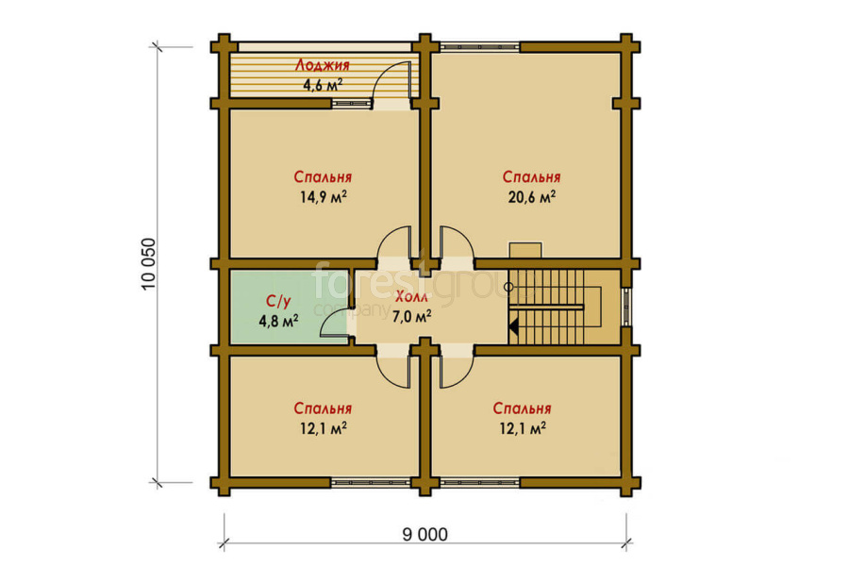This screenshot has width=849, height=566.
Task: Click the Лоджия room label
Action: coord(323,65)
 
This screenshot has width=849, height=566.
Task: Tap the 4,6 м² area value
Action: coord(323,85)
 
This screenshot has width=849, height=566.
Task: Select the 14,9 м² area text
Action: coord(324,196)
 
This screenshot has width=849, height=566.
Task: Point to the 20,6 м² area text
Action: coord(531,196)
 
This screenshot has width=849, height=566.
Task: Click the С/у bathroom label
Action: coord(278,302)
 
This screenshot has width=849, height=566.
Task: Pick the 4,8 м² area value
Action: coord(278,321)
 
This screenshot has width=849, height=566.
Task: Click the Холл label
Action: coord(411,297)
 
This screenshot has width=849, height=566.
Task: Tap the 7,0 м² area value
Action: coord(411,316)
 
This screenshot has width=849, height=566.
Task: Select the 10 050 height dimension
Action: coord(148,264)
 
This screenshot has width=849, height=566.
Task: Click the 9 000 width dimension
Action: coord(425,535)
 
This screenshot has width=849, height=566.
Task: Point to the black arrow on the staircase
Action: coord(513,326)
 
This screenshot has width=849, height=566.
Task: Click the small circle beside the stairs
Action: coord(508,287)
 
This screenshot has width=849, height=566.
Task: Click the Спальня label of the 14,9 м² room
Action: coord(324,177)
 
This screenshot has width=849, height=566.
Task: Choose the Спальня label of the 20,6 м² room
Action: coord(531,177)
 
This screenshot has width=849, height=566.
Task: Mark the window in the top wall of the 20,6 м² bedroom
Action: coord(480,47)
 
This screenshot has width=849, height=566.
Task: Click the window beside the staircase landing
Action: coord(626,307)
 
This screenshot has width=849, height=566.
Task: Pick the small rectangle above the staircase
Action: coord(525,250)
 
